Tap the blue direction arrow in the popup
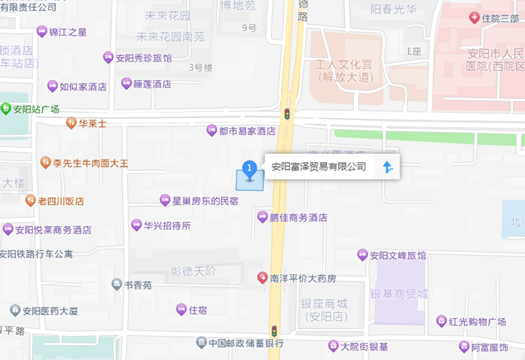[388, 167]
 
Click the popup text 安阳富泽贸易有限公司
[319, 167]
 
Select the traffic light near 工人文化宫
[287, 113]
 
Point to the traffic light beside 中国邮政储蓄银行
[274, 331]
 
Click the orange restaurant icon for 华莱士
[71, 123]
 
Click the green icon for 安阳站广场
[6, 108]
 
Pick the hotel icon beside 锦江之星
[42, 31]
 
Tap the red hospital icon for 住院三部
[474, 18]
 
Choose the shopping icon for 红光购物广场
[442, 321]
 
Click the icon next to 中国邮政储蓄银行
[201, 343]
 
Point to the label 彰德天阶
[193, 272]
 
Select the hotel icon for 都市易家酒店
[212, 130]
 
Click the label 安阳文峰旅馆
[398, 256]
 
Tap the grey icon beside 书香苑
[117, 284]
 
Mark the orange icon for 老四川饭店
[30, 200]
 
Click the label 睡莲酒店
[153, 84]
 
